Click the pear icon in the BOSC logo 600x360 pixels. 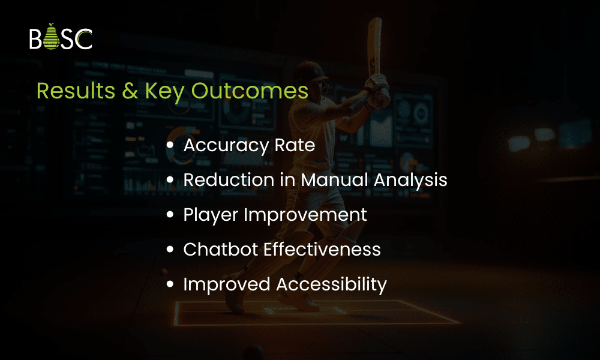pyautogui.click(x=51, y=37)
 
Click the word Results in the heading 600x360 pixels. pyautogui.click(x=76, y=91)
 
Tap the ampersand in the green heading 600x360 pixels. pyautogui.click(x=130, y=91)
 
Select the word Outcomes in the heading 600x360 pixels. pyautogui.click(x=250, y=91)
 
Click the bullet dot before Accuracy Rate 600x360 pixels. pyautogui.click(x=170, y=145)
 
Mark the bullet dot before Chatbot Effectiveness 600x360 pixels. pyautogui.click(x=170, y=249)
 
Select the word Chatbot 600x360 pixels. pyautogui.click(x=221, y=250)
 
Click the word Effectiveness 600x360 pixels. pyautogui.click(x=322, y=250)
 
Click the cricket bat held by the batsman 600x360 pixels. pyautogui.click(x=374, y=48)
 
